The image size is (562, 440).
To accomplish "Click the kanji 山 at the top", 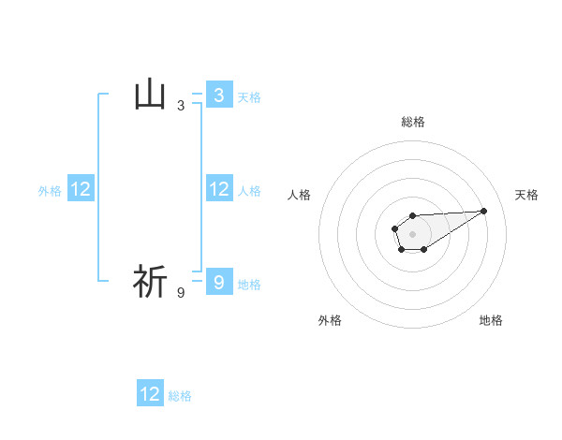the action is (151, 95).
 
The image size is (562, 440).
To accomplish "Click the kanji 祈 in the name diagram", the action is (151, 282).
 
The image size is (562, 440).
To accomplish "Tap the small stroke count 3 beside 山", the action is (181, 106).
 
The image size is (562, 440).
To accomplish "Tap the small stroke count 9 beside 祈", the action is (181, 293).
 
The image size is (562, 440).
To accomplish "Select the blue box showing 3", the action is (218, 95).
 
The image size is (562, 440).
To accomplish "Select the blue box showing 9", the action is (218, 282).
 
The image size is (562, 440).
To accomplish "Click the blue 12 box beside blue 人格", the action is (218, 189).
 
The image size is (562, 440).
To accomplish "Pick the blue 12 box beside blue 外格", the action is (81, 189).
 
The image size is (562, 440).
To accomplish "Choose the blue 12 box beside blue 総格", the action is (150, 394).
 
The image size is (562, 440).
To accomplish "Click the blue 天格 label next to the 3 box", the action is (249, 97).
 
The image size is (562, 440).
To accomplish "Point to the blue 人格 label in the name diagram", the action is (249, 191).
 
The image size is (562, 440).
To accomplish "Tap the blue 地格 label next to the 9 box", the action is (249, 285).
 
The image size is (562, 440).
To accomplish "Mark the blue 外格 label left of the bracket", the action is (50, 191).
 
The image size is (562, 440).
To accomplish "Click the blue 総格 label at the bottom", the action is (180, 396).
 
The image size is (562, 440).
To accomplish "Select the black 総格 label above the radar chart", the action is (412, 122).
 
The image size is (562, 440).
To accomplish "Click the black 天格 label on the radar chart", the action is (527, 195).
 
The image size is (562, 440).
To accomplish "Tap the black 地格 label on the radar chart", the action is (491, 320).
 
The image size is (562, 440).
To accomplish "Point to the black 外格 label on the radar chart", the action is (330, 320).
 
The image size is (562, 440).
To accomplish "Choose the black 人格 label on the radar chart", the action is (300, 195).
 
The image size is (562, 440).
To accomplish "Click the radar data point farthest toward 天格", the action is (483, 210).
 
